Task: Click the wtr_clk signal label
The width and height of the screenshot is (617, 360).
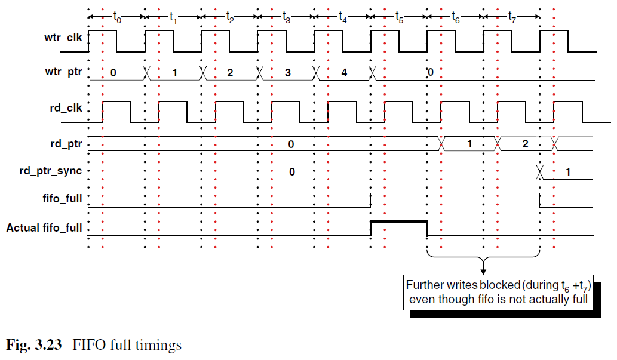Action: (x=63, y=38)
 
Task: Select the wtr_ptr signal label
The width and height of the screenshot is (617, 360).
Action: (x=63, y=72)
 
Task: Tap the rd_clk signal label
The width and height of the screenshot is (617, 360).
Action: (x=66, y=108)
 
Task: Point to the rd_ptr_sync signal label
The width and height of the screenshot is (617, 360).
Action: (x=51, y=171)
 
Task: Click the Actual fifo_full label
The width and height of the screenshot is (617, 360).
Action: (x=44, y=228)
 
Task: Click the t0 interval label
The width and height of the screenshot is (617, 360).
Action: (x=117, y=17)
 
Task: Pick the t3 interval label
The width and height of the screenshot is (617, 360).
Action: (x=287, y=17)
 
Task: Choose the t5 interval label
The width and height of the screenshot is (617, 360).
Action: (x=400, y=17)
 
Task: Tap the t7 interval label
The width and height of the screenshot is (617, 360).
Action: (x=512, y=17)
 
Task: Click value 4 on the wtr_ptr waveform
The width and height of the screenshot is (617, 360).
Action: (x=344, y=73)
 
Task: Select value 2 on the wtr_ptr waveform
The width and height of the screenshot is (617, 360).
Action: (x=230, y=73)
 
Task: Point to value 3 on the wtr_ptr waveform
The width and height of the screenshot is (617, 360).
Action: (x=288, y=73)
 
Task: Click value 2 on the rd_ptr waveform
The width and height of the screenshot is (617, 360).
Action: (x=525, y=144)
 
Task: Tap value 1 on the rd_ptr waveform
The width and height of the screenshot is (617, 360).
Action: (x=469, y=144)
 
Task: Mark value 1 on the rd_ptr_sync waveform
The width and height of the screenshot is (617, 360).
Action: (x=568, y=172)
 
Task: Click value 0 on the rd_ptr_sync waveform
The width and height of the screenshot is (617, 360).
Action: (x=292, y=172)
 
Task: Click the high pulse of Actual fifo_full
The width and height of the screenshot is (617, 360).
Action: (x=399, y=222)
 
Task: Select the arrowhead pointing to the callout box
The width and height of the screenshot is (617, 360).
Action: (x=483, y=272)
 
